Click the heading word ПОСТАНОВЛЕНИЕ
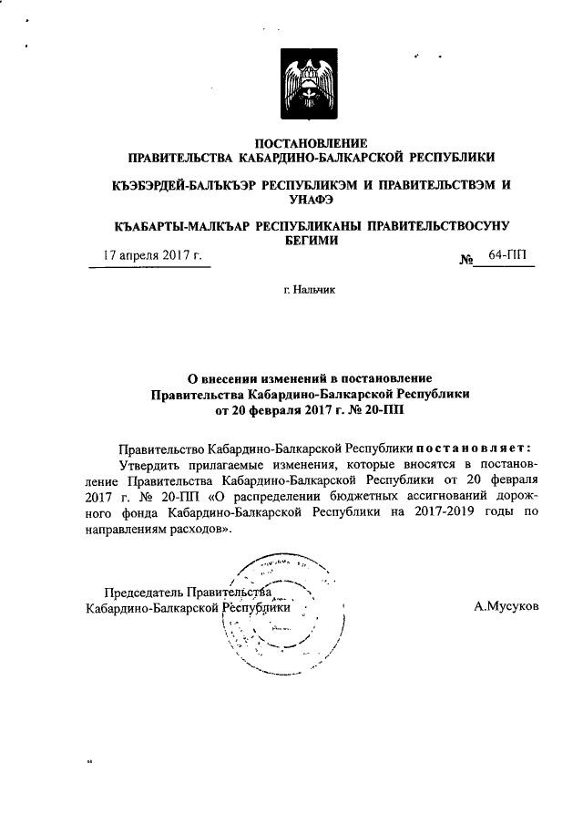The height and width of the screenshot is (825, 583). [311, 143]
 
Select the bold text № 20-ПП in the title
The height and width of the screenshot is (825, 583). [373, 410]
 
